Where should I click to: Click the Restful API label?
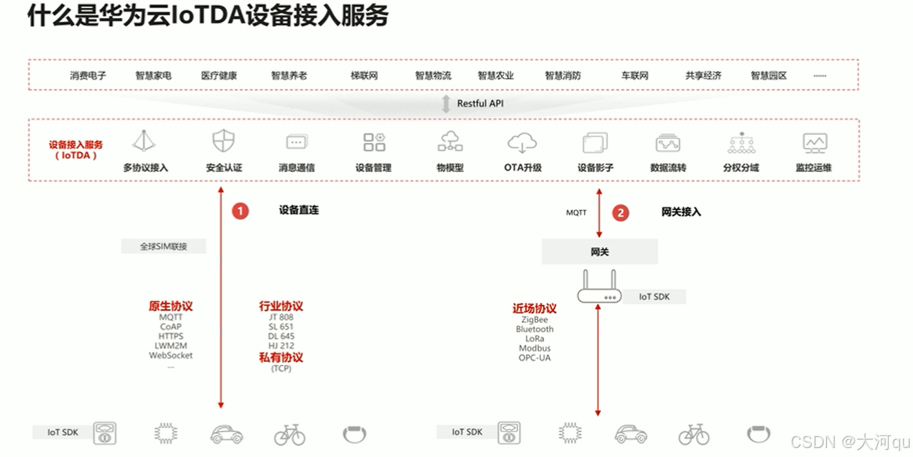(x=481, y=103)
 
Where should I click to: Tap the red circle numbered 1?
(x=240, y=211)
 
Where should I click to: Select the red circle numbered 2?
(x=620, y=213)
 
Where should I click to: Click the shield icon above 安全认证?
(x=223, y=142)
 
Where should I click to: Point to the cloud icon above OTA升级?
(x=522, y=142)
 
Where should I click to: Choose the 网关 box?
(x=600, y=252)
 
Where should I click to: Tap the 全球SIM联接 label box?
(x=163, y=246)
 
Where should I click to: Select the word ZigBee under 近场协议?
(x=534, y=320)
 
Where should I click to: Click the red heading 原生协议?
(x=171, y=306)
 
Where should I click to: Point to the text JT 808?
(x=281, y=317)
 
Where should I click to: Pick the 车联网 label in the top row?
(x=634, y=76)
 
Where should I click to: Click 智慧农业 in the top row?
(x=496, y=76)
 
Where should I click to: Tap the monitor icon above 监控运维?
(x=815, y=142)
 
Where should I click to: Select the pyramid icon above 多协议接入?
(x=144, y=142)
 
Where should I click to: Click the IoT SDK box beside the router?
(x=653, y=297)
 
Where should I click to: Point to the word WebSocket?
(x=171, y=356)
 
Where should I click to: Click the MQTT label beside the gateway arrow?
(x=576, y=213)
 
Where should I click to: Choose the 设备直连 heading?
(x=299, y=210)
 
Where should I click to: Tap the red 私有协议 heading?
(x=281, y=357)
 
